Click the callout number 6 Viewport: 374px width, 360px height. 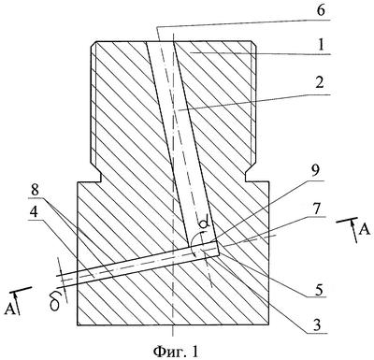point(320,10)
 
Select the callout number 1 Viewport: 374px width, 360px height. point(321,46)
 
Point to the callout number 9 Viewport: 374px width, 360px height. point(318,170)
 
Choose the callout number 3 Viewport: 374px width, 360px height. point(317,324)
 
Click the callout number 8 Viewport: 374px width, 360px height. point(35,190)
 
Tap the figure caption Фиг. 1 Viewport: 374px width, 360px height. point(176,352)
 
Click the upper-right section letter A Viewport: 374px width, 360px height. point(364,230)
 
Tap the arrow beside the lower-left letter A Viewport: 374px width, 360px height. point(18,302)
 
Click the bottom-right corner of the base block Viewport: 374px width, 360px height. point(269,325)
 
